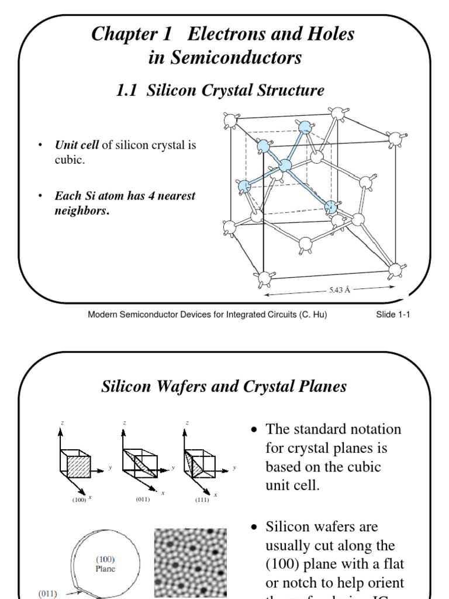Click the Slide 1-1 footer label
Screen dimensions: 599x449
393,315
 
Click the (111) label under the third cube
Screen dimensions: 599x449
202,500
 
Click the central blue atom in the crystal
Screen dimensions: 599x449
285,166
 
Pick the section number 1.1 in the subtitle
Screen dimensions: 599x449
127,90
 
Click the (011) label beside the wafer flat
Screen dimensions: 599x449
48,592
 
